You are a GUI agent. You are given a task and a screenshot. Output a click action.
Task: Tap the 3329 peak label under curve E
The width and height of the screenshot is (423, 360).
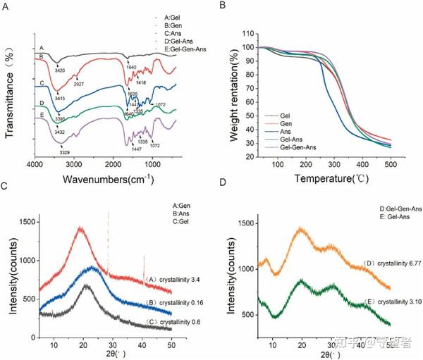point(65,142)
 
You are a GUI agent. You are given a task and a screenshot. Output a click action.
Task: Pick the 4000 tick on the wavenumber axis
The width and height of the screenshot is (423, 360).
point(35,164)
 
